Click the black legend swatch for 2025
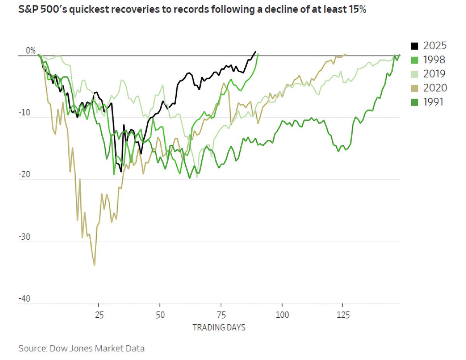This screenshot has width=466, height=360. click(x=414, y=45)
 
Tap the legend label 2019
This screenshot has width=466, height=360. click(x=435, y=73)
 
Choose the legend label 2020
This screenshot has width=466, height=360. click(x=435, y=88)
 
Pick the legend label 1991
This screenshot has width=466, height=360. click(x=435, y=102)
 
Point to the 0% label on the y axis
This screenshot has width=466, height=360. click(x=31, y=50)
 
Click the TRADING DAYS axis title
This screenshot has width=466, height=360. click(x=219, y=327)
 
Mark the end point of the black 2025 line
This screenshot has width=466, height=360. click(x=255, y=51)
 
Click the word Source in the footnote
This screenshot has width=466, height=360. click(x=31, y=348)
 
